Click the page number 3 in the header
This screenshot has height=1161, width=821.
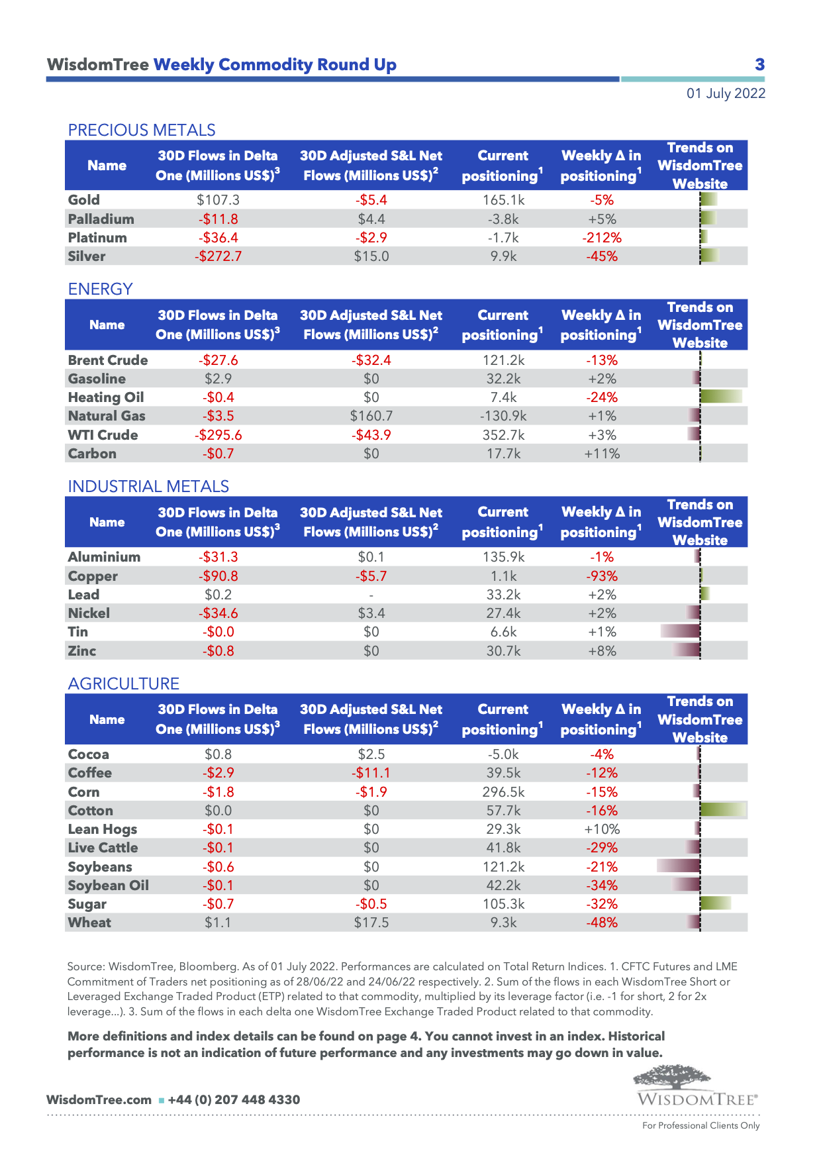[x=759, y=64]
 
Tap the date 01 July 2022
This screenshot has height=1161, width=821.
[x=726, y=93]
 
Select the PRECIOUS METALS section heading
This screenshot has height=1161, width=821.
[x=142, y=130]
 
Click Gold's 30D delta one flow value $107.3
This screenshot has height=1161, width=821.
[x=218, y=200]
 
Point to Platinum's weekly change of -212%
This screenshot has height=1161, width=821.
[x=602, y=238]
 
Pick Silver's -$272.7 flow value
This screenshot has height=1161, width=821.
[x=218, y=256]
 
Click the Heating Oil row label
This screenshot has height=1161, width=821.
[x=106, y=397]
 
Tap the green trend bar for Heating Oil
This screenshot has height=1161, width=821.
[x=721, y=397]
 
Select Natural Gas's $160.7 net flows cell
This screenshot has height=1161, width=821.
[x=371, y=416]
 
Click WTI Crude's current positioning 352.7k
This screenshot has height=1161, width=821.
[x=503, y=435]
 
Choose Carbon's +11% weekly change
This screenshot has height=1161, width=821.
[x=602, y=454]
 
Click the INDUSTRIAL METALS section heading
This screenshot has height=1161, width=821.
[x=148, y=486]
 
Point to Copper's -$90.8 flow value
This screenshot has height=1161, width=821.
[x=218, y=576]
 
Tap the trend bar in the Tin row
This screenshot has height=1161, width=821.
[x=680, y=631]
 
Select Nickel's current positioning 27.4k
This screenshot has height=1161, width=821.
[x=503, y=613]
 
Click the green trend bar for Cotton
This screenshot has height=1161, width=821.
[x=723, y=809]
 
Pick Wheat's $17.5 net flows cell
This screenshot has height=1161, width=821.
[x=371, y=923]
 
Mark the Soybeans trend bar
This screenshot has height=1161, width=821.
[x=678, y=866]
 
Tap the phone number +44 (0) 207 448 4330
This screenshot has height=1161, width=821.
[x=234, y=1099]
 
